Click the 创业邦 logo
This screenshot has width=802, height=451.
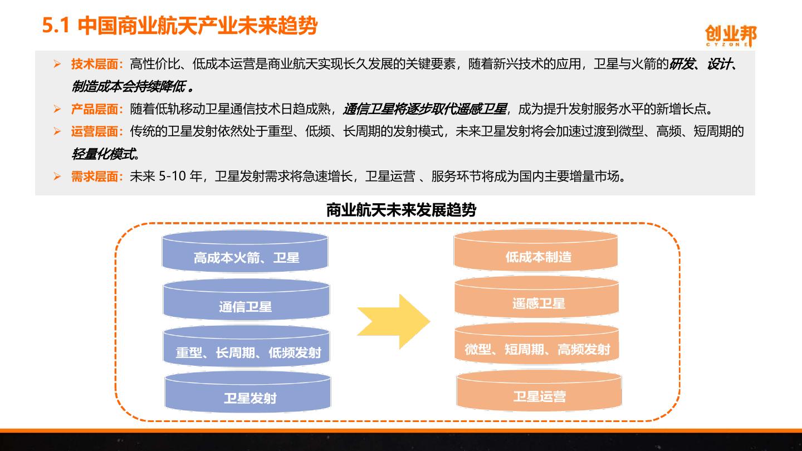pos(731,36)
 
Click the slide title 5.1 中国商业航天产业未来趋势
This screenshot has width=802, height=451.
pos(180,26)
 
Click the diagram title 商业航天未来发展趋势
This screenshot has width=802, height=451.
pos(401,210)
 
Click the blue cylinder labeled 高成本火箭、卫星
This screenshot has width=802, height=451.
pos(246,252)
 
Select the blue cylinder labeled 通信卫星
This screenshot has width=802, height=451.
pos(246,301)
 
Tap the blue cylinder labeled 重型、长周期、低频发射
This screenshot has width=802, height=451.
pos(247,347)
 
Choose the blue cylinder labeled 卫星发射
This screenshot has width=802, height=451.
pos(248,393)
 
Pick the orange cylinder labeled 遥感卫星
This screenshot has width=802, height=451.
pos(537,298)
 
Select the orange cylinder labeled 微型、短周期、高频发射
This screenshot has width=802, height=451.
pos(537,345)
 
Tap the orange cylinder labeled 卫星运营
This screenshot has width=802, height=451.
pos(539,391)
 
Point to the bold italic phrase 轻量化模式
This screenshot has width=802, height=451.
pos(105,154)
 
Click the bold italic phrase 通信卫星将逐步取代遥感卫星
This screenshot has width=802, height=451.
pos(425,109)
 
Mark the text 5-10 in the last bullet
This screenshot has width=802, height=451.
pos(173,177)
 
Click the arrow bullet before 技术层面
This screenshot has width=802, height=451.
pos(57,64)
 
